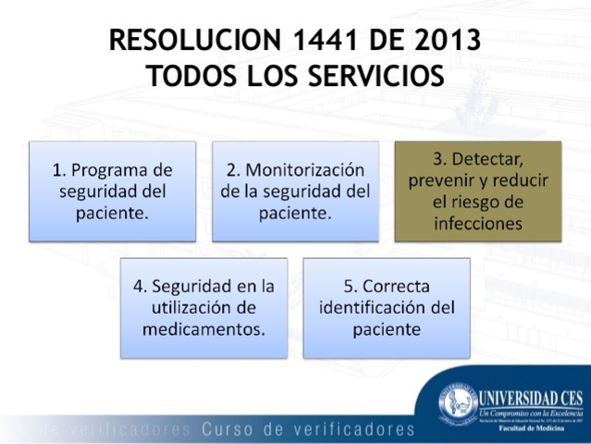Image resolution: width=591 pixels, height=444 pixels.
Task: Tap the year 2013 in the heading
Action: (440, 41)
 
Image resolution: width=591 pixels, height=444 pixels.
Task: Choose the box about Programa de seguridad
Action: (112, 191)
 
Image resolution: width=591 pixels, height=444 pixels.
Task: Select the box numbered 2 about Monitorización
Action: (295, 191)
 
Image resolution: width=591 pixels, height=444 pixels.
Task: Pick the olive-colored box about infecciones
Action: (478, 191)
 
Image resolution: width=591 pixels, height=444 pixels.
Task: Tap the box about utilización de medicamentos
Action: (203, 307)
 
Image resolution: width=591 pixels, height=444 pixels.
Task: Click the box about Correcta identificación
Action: (387, 307)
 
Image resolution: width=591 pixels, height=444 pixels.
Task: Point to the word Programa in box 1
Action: (122, 170)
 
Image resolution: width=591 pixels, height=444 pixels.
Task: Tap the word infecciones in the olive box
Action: (479, 223)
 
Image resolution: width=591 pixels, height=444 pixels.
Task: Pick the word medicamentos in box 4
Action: (203, 328)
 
